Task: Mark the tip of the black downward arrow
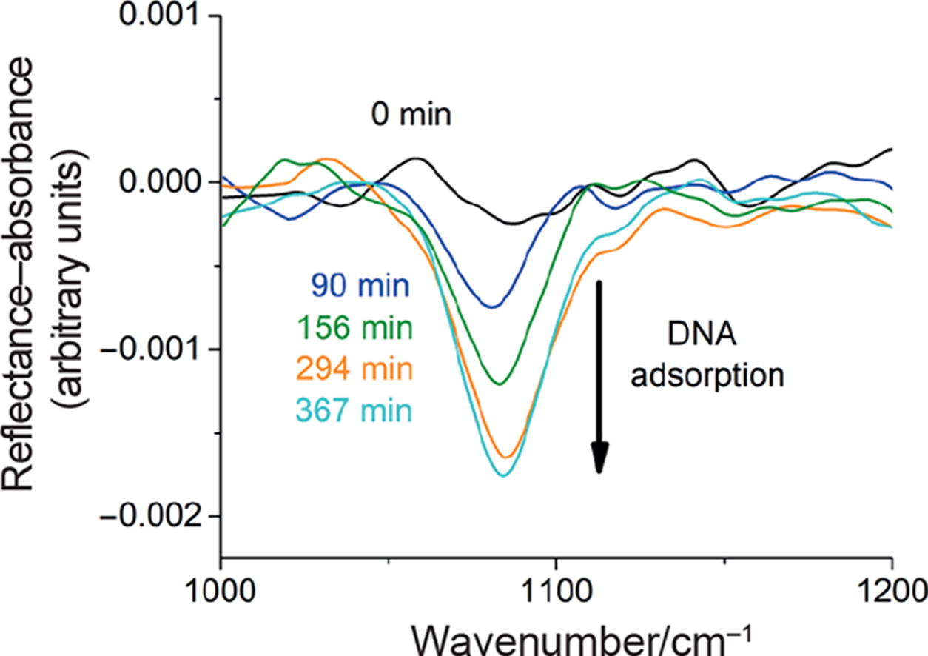599,472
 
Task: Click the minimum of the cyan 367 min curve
504,475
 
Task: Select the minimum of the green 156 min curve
500,384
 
